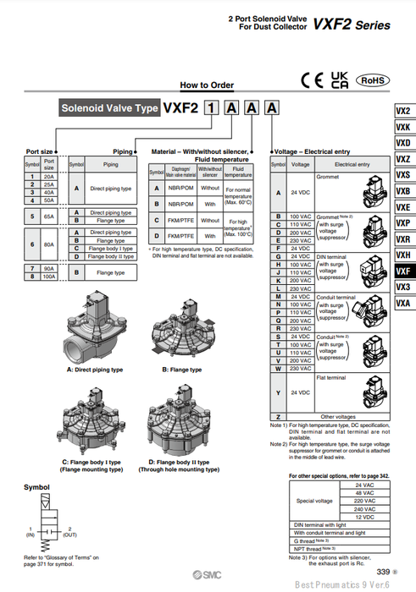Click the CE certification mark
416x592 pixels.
312,80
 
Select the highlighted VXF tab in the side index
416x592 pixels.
403,271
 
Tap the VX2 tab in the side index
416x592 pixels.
403,111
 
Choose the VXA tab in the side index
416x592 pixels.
403,303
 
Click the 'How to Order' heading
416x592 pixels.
206,85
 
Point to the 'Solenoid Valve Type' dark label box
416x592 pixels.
108,108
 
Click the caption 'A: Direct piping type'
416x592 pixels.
94,370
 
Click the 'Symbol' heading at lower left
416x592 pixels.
36,488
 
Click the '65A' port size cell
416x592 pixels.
49,217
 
